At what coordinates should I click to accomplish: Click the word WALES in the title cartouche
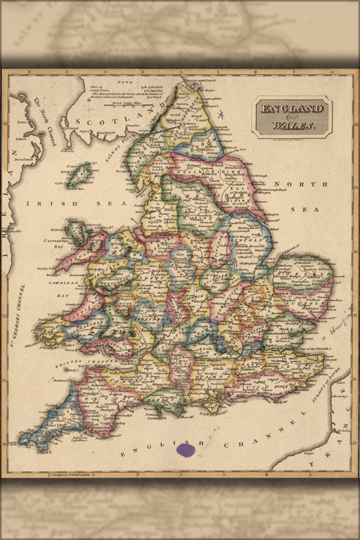click(x=298, y=127)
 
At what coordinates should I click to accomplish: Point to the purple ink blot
click(x=185, y=450)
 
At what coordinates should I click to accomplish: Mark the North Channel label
click(x=43, y=122)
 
